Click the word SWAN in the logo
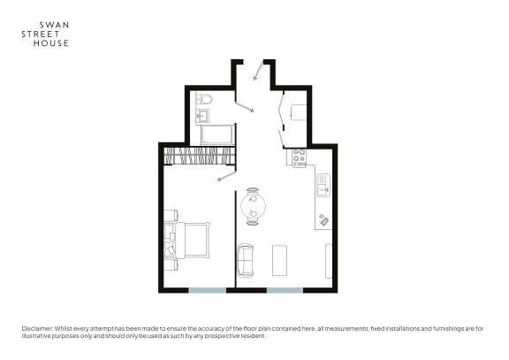pos(54,25)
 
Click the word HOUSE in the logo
pos(51,43)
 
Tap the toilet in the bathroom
pos(205,98)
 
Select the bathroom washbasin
pos(202,116)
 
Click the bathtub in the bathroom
pos(217,134)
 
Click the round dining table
pos(254,206)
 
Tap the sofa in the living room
pos(246,261)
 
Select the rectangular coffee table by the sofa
pos(279,261)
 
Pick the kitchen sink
pos(323,185)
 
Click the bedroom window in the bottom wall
pos(208,290)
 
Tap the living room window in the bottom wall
pos(285,290)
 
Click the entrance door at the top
pos(258,71)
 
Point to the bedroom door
pos(226,176)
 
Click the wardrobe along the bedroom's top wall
pos(199,156)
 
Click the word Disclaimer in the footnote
pos(37,329)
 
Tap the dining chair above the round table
pos(253,191)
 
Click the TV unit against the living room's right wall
pos(329,261)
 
